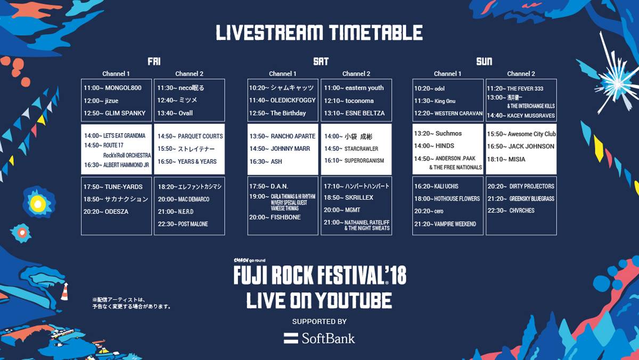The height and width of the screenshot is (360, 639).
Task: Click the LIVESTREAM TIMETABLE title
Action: coord(319,32)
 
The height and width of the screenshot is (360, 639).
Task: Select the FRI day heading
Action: coord(154,61)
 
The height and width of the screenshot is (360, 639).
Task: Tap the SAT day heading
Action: coord(321,61)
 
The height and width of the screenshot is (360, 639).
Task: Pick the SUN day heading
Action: coord(484,61)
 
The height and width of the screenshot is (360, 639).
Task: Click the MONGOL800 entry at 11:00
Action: coord(112,88)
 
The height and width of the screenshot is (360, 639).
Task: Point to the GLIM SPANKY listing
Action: coord(114,113)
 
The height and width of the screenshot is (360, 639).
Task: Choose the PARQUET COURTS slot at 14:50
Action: coord(190,136)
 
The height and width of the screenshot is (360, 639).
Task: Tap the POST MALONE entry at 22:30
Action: coord(183,224)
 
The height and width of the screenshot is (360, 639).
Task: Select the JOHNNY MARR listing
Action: coord(280,149)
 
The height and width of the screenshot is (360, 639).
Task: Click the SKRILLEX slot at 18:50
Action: coord(348,198)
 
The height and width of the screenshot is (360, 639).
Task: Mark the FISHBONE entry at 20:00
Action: coord(275,217)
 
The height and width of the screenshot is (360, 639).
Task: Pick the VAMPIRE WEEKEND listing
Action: coord(445,224)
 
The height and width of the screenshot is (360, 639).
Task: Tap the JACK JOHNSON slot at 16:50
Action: coord(521,146)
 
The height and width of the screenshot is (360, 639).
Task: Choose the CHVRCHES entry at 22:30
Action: coord(511,210)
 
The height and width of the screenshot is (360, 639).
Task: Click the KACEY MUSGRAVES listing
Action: coord(521,116)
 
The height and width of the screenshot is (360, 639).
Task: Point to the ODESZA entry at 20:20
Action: coord(105,211)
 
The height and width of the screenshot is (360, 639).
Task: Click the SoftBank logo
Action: coord(319,339)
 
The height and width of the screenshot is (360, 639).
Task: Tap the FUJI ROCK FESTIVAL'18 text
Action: coord(320,275)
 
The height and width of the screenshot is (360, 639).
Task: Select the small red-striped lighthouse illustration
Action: coord(65,291)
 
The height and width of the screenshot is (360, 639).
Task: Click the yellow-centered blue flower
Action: coord(38,203)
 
